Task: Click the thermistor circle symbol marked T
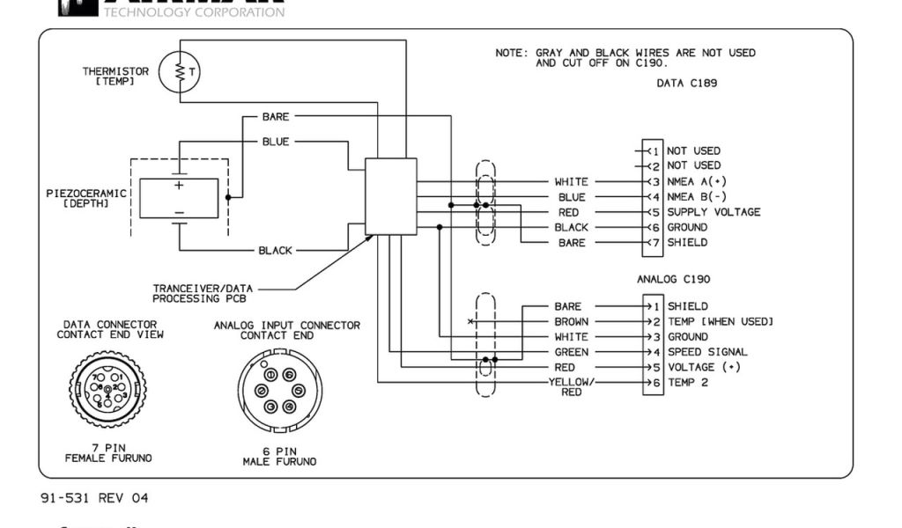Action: click(x=182, y=74)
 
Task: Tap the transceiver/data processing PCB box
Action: click(x=390, y=196)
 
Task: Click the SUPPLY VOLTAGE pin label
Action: click(x=713, y=212)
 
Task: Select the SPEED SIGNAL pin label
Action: click(x=707, y=352)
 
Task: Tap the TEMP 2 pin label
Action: click(x=687, y=383)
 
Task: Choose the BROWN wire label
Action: click(x=572, y=321)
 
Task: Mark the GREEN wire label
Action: click(x=572, y=352)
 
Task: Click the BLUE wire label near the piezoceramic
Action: click(x=276, y=141)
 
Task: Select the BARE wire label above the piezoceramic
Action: click(x=276, y=116)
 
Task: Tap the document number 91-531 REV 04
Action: click(x=94, y=499)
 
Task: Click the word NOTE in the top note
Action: click(x=510, y=53)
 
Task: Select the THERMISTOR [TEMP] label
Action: click(x=115, y=76)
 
